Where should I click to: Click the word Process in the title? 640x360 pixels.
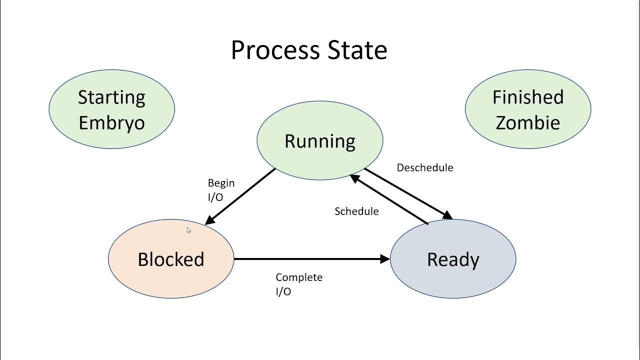pyautogui.click(x=275, y=50)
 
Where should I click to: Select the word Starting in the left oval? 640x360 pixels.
pyautogui.click(x=111, y=97)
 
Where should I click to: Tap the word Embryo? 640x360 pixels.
pyautogui.click(x=111, y=122)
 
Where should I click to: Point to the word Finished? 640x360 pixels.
pyautogui.click(x=528, y=97)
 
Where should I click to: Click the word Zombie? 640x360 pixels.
pyautogui.click(x=528, y=122)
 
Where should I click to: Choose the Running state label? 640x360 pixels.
pyautogui.click(x=320, y=141)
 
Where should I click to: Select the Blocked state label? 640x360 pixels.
pyautogui.click(x=171, y=259)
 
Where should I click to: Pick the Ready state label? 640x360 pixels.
pyautogui.click(x=453, y=259)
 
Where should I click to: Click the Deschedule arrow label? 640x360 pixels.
pyautogui.click(x=425, y=168)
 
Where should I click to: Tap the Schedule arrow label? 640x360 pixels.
pyautogui.click(x=356, y=211)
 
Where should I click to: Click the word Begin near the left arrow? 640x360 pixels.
pyautogui.click(x=221, y=183)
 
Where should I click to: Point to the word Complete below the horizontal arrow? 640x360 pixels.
pyautogui.click(x=299, y=277)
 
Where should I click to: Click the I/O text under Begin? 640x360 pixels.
pyautogui.click(x=215, y=197)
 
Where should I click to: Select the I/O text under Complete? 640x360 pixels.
pyautogui.click(x=283, y=291)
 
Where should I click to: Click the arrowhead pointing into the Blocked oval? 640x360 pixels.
pyautogui.click(x=210, y=220)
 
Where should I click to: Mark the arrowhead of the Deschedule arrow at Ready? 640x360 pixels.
pyautogui.click(x=447, y=215)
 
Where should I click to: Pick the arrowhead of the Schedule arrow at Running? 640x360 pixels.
pyautogui.click(x=354, y=177)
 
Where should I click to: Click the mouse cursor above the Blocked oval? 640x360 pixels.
pyautogui.click(x=188, y=230)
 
